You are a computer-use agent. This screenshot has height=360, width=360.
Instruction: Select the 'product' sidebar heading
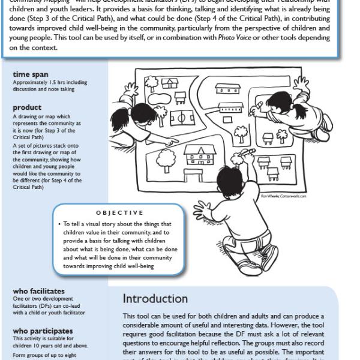tap(28, 108)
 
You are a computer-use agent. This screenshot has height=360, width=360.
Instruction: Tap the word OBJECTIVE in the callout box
tap(119, 212)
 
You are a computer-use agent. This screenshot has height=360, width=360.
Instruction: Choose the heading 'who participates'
tap(43, 331)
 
